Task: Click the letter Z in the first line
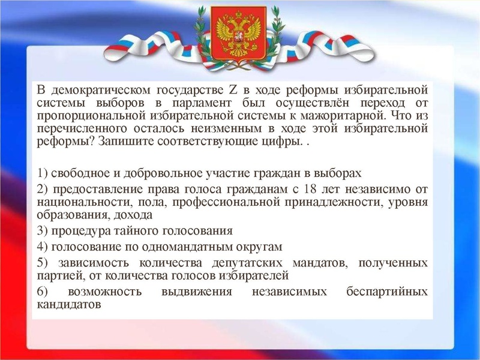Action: click(234, 91)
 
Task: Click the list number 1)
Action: click(43, 173)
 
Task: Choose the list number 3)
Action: click(43, 230)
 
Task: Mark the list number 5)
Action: click(43, 263)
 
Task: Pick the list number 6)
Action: click(43, 292)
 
